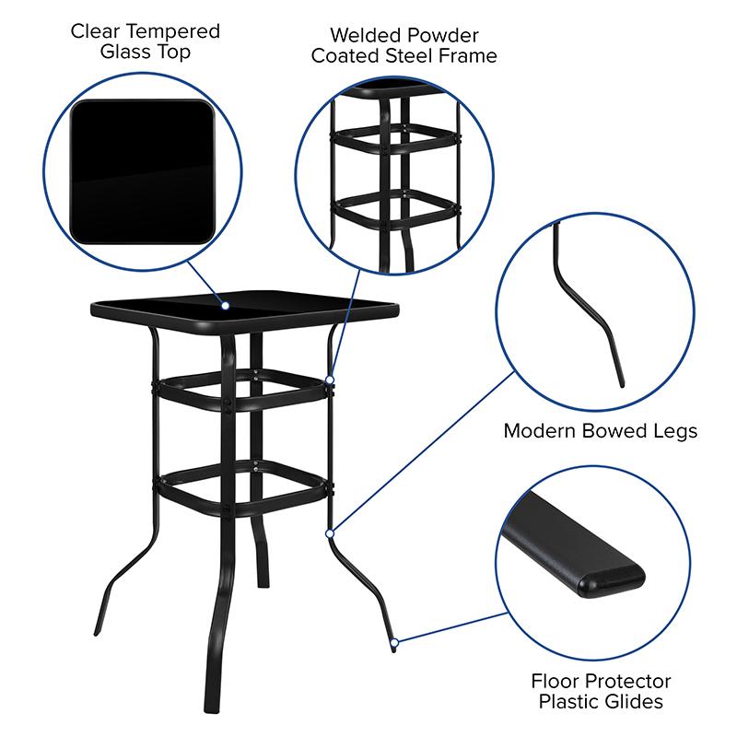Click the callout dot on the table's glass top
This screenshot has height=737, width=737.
[x=224, y=304]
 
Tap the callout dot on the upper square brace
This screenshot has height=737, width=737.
[x=330, y=378]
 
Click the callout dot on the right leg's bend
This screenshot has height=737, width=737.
[x=329, y=532]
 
